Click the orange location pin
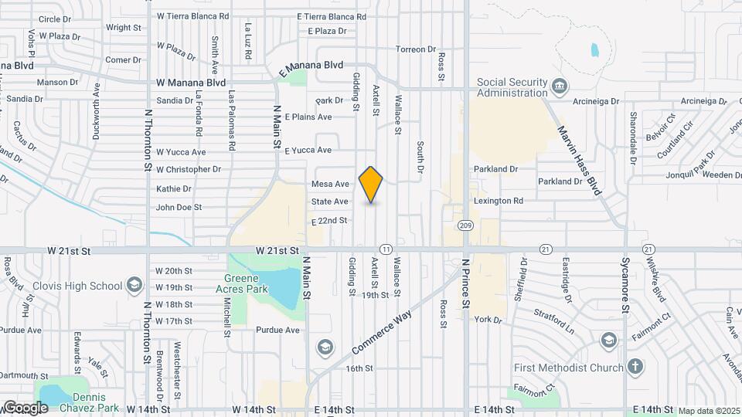(371, 184)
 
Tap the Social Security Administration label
(512, 87)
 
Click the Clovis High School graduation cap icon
(135, 286)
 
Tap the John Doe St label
(179, 207)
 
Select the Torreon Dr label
(416, 49)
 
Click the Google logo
(26, 408)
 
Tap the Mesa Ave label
(330, 184)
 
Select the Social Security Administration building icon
(560, 83)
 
